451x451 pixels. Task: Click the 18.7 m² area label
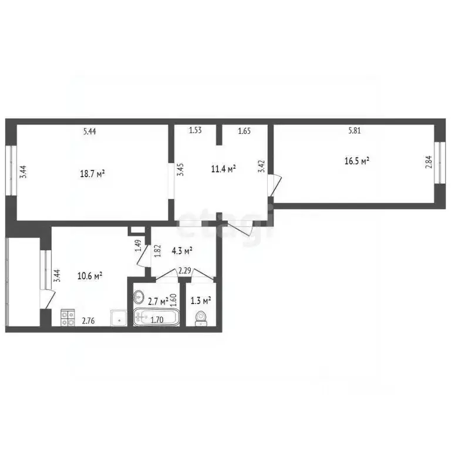click(93, 174)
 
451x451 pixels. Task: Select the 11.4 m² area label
click(223, 169)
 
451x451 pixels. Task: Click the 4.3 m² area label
click(182, 251)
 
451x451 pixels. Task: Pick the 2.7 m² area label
click(157, 301)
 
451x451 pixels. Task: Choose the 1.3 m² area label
click(201, 301)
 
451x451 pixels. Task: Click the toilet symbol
click(201, 318)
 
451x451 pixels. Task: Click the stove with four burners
click(68, 318)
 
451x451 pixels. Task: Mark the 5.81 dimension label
click(354, 132)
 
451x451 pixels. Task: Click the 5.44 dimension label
click(89, 132)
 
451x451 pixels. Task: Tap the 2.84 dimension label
click(428, 162)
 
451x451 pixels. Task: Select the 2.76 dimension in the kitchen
click(89, 321)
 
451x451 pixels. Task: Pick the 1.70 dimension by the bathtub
click(157, 320)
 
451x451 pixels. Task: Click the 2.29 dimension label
click(184, 271)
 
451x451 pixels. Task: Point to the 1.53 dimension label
click(195, 131)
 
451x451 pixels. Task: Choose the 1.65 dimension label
click(244, 132)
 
